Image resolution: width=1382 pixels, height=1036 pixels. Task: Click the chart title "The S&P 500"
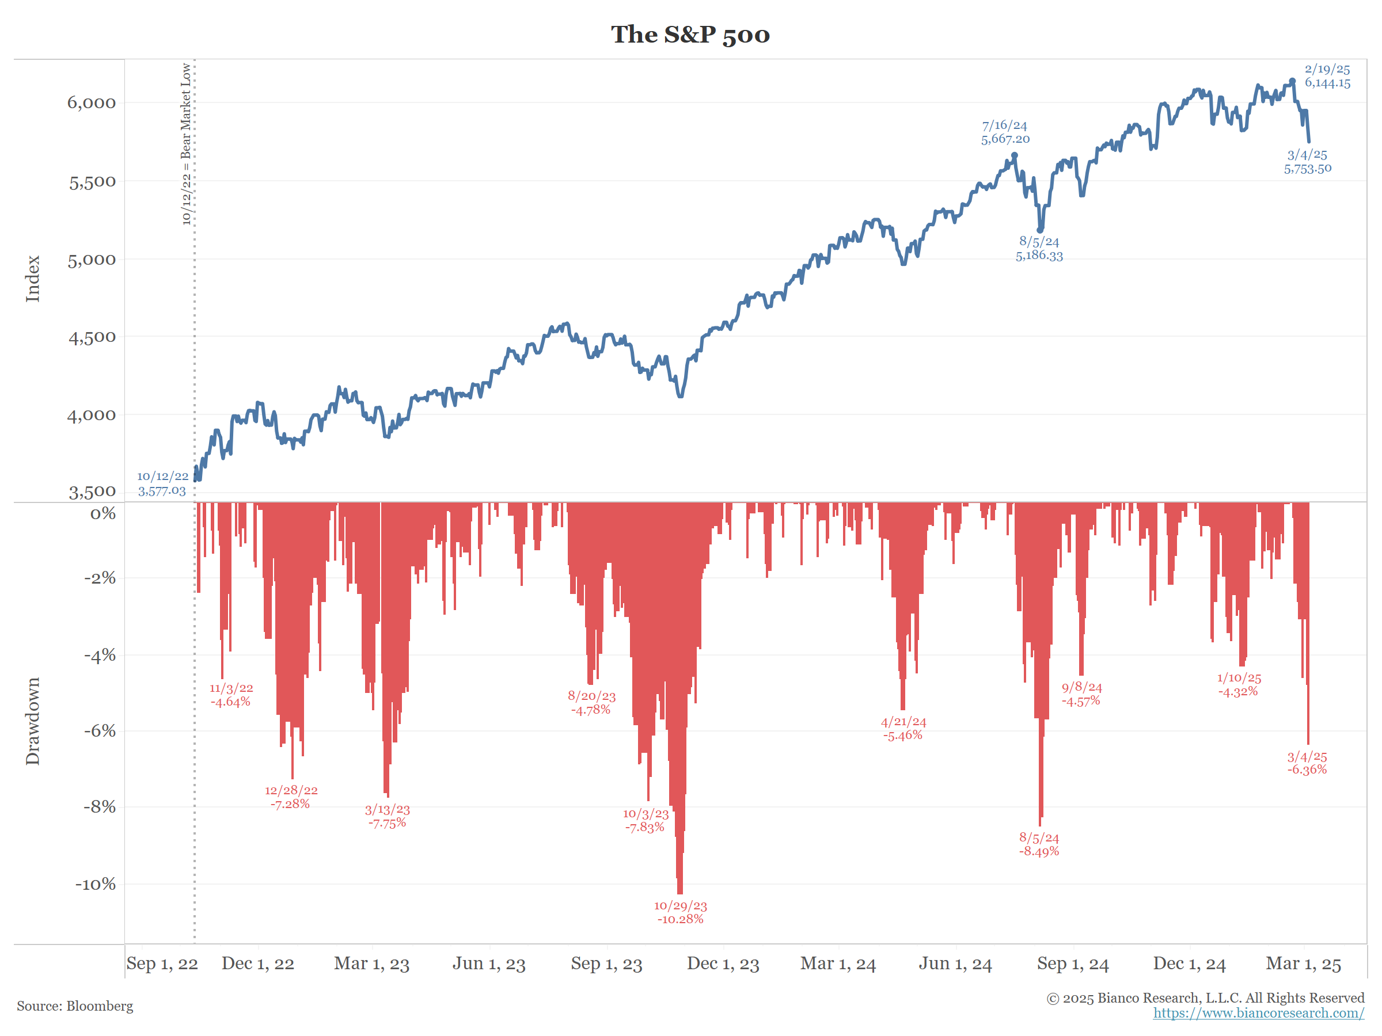[x=690, y=35]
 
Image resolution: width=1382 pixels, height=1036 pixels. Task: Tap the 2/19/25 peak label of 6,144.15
[x=1327, y=76]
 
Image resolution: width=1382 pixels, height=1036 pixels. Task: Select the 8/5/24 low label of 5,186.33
[x=1039, y=249]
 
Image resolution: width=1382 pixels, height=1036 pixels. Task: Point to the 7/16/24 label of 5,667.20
[x=1005, y=132]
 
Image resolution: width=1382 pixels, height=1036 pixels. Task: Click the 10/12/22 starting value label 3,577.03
[x=162, y=485]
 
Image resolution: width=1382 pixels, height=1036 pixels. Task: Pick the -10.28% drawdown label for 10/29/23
[x=681, y=912]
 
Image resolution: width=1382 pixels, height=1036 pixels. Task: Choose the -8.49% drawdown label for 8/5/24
[x=1039, y=845]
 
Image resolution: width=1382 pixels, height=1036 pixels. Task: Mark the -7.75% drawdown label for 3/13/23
[x=388, y=816]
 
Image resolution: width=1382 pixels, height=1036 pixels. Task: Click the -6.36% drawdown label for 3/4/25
[x=1307, y=763]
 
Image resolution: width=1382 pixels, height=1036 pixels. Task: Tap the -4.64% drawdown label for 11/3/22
[x=230, y=695]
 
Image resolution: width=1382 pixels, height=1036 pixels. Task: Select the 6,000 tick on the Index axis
[x=91, y=103]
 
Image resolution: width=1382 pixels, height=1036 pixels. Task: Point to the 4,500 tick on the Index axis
[x=91, y=338]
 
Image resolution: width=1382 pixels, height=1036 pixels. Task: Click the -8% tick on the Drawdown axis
[x=100, y=807]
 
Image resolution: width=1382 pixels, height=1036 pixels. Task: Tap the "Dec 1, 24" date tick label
[x=1189, y=963]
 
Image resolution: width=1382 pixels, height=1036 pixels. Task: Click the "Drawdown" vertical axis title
[x=32, y=721]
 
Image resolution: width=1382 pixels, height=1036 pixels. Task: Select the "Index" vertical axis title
[x=32, y=279]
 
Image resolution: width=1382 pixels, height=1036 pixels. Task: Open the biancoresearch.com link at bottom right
[x=1258, y=1013]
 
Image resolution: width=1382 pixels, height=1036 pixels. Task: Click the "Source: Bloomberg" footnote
[x=75, y=1006]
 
